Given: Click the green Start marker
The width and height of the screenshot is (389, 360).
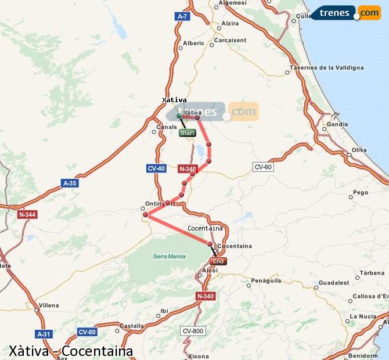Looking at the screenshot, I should (x=187, y=133).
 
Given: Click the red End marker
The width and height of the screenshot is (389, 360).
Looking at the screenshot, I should (x=218, y=261).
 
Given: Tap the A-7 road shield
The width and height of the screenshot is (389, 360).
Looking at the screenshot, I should (x=182, y=17).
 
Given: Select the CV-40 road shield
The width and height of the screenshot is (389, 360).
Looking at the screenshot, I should (x=156, y=168).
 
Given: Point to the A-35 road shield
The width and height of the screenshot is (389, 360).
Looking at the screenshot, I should (x=69, y=183).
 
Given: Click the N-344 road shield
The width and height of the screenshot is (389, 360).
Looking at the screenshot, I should (x=27, y=214).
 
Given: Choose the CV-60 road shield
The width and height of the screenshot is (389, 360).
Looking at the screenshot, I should (x=263, y=167).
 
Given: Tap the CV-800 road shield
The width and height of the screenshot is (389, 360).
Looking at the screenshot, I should (x=193, y=331).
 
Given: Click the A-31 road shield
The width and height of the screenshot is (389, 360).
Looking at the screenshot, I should (x=44, y=334).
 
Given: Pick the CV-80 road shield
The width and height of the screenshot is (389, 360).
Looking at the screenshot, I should (x=87, y=332).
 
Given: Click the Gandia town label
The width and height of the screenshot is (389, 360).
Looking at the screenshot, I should (x=337, y=124).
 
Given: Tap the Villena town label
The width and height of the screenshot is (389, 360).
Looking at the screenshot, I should (x=49, y=305).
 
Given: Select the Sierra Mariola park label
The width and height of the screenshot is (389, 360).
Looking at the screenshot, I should (x=169, y=256).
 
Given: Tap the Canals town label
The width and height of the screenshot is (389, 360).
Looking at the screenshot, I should (x=167, y=127).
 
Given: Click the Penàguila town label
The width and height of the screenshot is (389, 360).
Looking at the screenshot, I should (x=266, y=280).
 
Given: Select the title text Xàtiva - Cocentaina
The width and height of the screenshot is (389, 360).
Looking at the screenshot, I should (x=71, y=351).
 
